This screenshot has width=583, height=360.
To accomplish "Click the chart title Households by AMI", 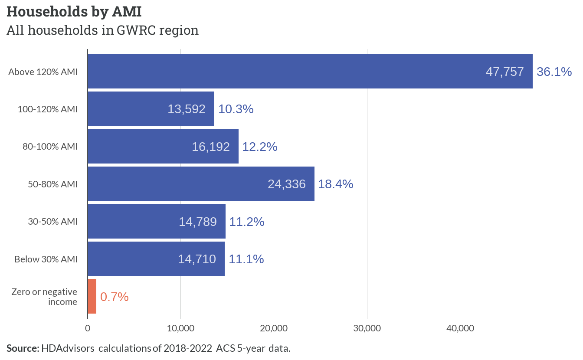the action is pos(74,12).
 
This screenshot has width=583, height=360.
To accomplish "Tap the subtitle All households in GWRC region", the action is pos(102,30).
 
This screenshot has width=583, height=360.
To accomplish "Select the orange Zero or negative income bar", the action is pos(92,296).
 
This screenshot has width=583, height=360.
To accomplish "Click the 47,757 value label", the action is pos(504,72).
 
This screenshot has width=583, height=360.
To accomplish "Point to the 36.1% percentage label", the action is pos(554,72).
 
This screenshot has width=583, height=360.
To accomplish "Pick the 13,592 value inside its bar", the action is pos(187,109).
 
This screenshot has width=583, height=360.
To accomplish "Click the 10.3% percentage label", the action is pos(236,109).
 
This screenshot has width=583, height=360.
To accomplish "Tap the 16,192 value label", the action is pos(211,147).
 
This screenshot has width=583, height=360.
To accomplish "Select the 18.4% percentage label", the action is pos(336,184).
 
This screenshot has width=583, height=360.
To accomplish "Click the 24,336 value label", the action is pos(287,184).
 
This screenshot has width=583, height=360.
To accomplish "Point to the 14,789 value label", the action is pos(198,222).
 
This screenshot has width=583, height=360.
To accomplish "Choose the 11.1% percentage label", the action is pos(246,259).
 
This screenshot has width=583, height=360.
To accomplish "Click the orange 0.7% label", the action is pos(114,297).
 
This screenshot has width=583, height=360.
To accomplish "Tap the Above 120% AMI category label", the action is pos(43,72).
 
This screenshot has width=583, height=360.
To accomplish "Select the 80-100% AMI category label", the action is pos(50,147).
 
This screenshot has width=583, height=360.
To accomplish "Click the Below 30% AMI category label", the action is pos(46,259).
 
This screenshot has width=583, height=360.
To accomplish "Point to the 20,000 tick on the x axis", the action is pos(274,328).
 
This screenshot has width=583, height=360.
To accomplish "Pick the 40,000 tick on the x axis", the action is pos(460,328).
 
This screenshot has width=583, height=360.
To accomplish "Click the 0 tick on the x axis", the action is pos(88,328).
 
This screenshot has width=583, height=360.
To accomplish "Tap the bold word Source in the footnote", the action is pos(23,348).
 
